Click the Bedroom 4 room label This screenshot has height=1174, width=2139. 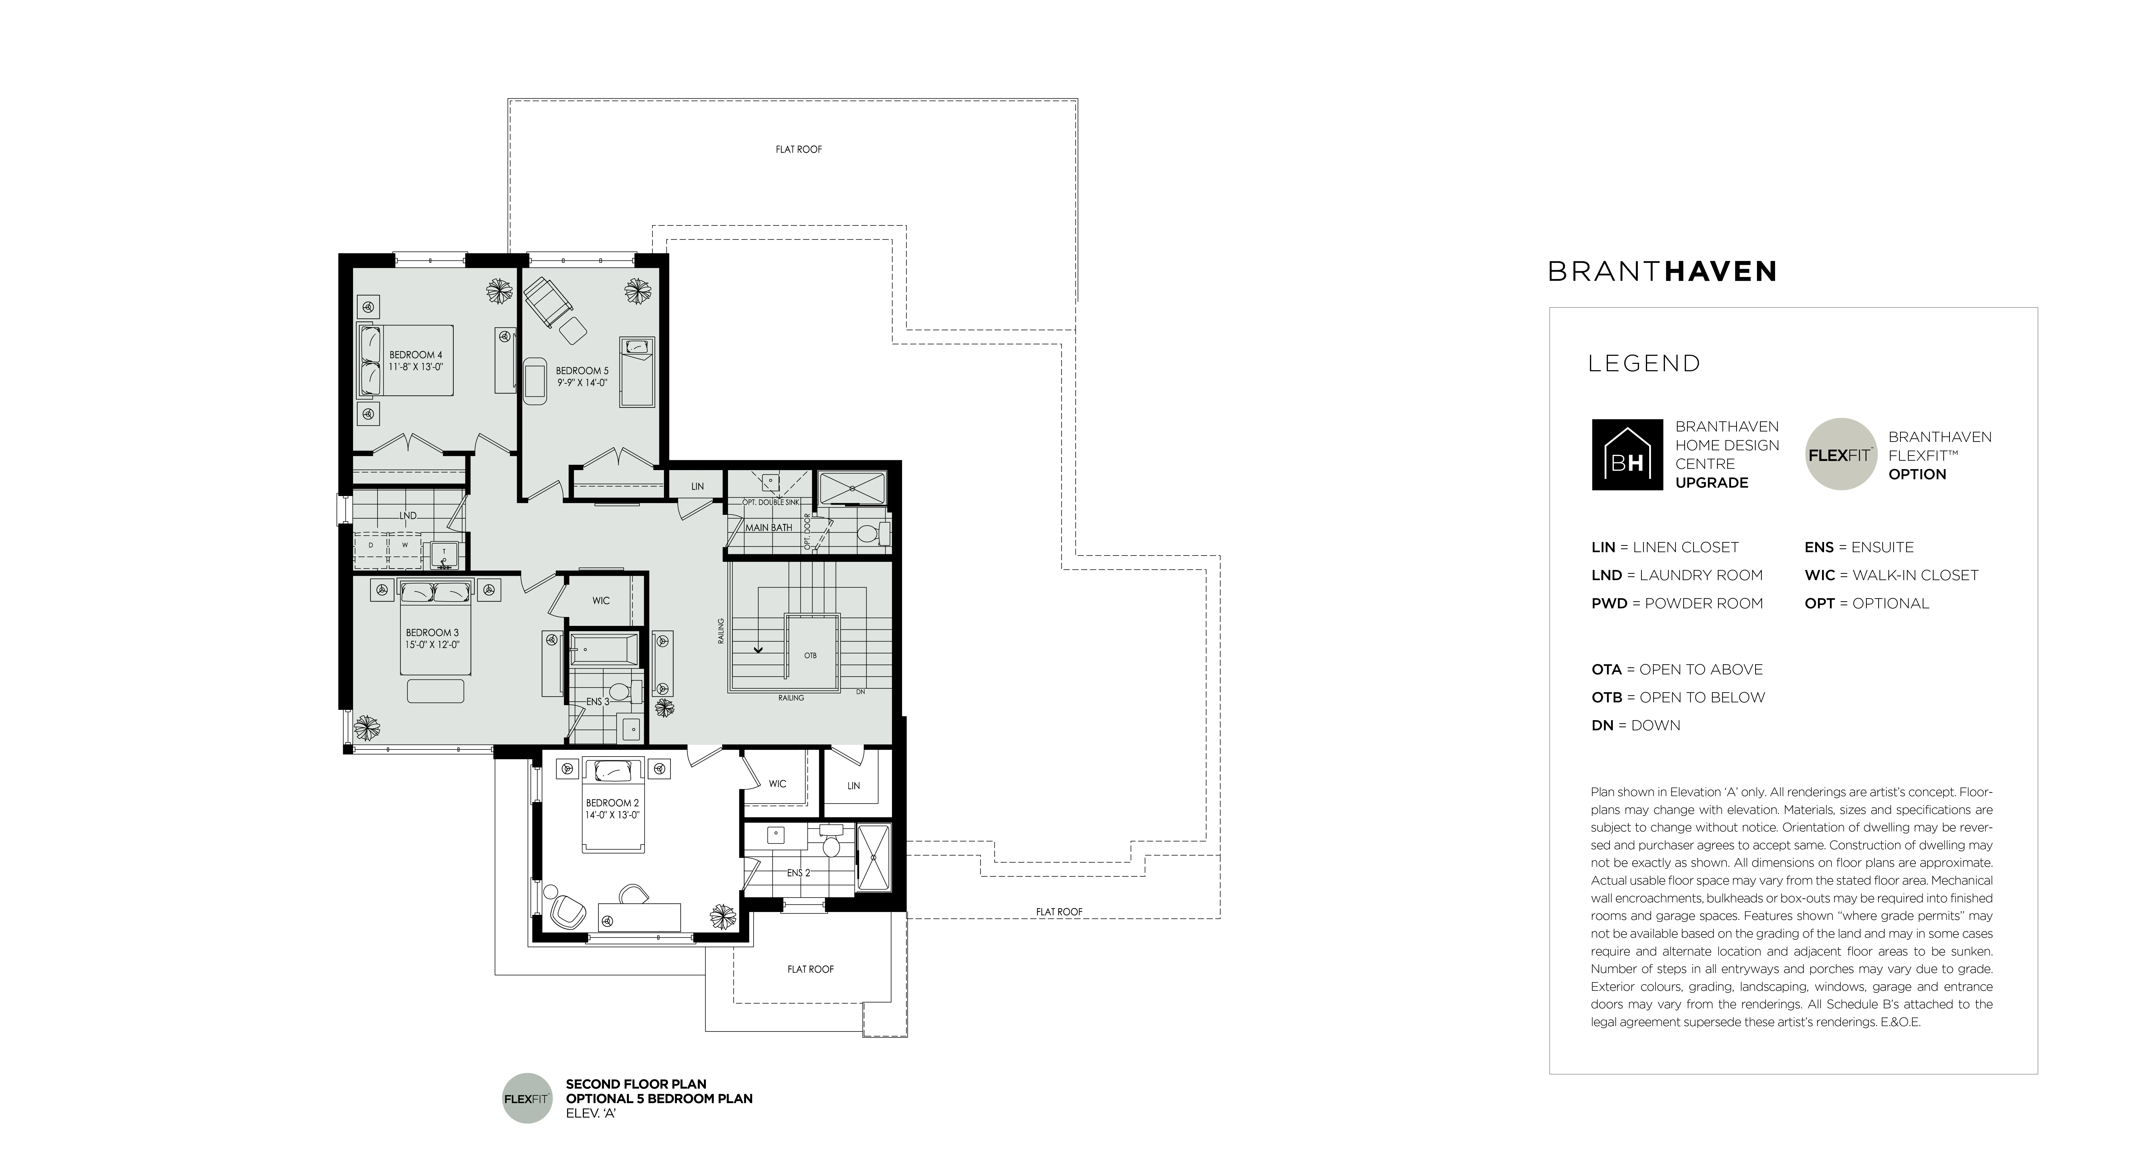[416, 354]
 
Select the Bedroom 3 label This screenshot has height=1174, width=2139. [432, 633]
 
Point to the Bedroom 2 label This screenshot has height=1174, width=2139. [612, 803]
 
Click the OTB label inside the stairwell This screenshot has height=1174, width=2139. [810, 656]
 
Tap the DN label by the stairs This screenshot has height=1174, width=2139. [860, 692]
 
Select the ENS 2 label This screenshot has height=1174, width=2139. [798, 873]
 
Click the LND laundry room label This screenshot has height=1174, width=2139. [408, 516]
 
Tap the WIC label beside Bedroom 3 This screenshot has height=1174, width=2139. [601, 600]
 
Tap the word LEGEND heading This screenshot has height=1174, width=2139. [1644, 364]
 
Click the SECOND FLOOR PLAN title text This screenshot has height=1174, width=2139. [636, 1084]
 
